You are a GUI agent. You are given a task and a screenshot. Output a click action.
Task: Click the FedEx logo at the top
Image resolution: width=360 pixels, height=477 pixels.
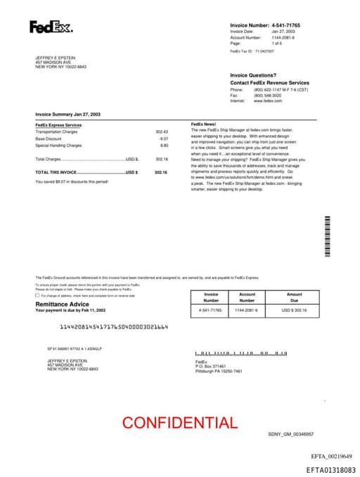pyautogui.click(x=50, y=27)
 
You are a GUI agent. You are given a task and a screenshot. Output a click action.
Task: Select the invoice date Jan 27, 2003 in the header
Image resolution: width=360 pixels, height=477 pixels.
pyautogui.click(x=283, y=32)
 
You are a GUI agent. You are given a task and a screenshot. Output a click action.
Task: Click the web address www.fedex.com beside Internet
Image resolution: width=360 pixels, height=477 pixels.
pyautogui.click(x=268, y=101)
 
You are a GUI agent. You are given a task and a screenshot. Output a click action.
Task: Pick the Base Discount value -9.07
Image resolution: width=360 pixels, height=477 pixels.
pyautogui.click(x=164, y=139)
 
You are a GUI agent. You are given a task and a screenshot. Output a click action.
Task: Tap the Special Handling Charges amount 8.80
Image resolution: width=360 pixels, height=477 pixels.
pyautogui.click(x=165, y=146)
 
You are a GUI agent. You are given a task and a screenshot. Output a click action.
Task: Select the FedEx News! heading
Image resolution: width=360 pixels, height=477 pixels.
pyautogui.click(x=204, y=125)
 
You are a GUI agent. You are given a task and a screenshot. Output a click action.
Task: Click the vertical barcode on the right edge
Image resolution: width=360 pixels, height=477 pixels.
pyautogui.click(x=328, y=236)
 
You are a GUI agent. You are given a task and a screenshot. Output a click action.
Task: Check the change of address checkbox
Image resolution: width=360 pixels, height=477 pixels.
pyautogui.click(x=37, y=295)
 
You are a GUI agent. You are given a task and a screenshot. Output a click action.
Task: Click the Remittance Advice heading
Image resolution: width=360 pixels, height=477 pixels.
pyautogui.click(x=63, y=304)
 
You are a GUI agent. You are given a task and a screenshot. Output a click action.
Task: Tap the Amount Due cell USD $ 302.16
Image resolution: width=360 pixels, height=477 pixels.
pyautogui.click(x=294, y=310)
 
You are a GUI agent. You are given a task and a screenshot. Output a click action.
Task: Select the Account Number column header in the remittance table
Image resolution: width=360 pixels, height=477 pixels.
pyautogui.click(x=247, y=298)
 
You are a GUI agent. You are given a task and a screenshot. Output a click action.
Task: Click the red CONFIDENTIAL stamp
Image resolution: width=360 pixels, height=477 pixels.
pyautogui.click(x=180, y=423)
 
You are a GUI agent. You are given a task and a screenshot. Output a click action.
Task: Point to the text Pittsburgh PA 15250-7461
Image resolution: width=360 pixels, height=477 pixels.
pyautogui.click(x=219, y=371)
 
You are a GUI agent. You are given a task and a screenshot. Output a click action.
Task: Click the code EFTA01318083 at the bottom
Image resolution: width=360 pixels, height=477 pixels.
pyautogui.click(x=331, y=469)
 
